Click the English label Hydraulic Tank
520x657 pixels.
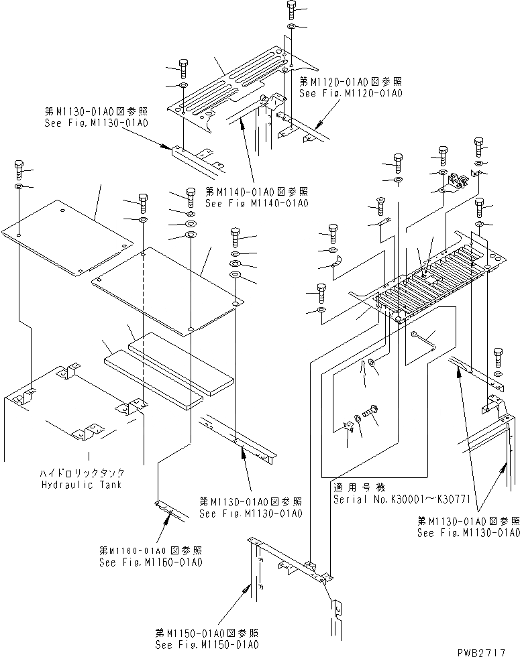(80, 485)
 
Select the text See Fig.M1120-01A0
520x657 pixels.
(350, 94)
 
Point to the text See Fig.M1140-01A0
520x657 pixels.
(256, 203)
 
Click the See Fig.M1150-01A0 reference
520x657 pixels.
(206, 644)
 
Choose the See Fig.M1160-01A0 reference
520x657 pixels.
(150, 561)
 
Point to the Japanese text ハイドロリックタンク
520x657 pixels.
(80, 473)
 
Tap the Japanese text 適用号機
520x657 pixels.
(352, 488)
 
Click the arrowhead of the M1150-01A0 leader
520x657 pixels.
(246, 588)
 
